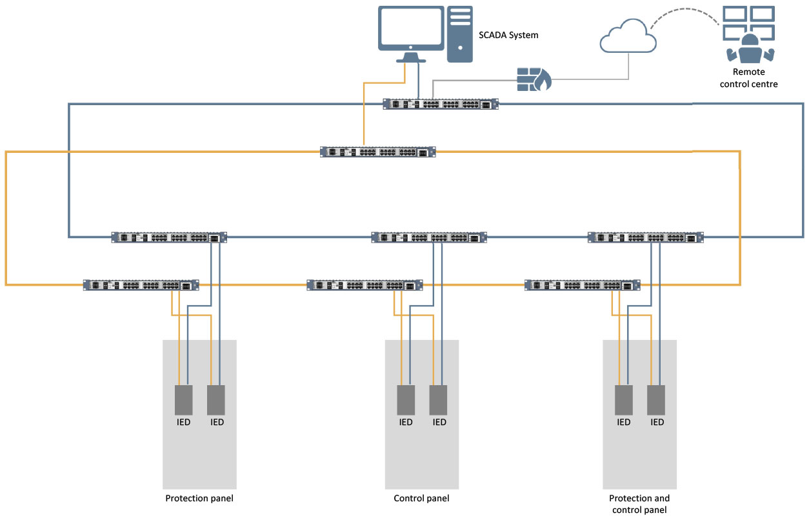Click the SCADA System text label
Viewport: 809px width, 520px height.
point(508,35)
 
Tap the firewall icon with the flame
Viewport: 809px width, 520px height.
point(534,79)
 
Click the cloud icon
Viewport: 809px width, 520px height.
point(628,37)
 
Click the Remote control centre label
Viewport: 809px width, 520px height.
point(748,78)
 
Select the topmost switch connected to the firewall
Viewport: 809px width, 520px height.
point(441,105)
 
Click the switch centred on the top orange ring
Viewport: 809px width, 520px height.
point(378,152)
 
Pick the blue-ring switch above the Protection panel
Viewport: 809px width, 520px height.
point(169,237)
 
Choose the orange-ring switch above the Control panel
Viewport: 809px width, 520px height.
point(365,285)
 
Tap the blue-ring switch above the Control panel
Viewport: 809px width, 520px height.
point(429,237)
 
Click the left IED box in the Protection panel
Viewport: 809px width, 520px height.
point(184,400)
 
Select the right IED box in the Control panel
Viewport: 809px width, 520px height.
point(439,400)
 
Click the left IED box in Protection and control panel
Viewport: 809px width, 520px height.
point(623,400)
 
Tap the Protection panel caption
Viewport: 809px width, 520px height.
point(199,498)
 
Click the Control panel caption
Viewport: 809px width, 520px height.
point(421,498)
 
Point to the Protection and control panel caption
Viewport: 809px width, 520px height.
point(639,504)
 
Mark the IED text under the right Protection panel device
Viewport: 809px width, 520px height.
point(217,423)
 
